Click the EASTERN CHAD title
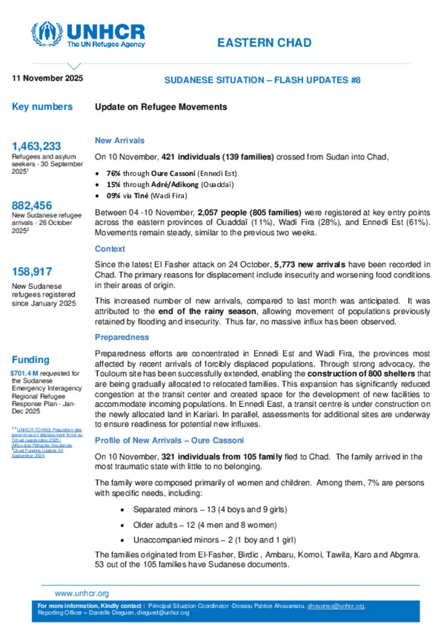coord(264,43)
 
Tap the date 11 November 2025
coord(47,78)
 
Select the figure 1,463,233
coord(36,146)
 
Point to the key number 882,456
coord(32,206)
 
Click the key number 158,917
coord(32,272)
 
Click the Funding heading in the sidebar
coord(31,360)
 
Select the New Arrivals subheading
coord(119,141)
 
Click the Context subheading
coord(110,249)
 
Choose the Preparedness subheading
coord(122,337)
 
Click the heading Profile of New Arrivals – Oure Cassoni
coord(169,440)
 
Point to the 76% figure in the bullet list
coord(113,173)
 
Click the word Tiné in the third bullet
coord(141,196)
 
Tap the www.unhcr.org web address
coord(82,594)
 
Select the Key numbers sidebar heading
coord(42,107)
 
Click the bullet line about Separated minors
coord(210,509)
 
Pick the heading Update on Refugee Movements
coord(161,107)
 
